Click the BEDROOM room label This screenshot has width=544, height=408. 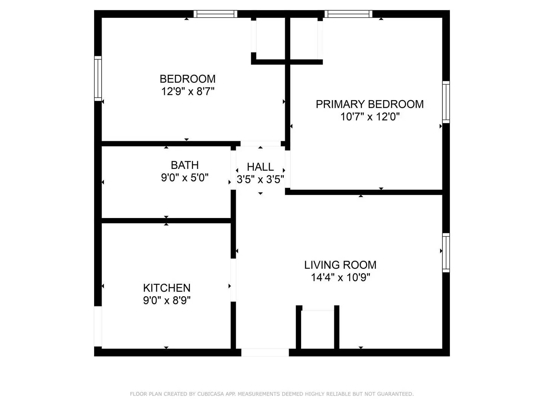[x=187, y=79]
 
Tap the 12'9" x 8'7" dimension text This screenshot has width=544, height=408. [x=188, y=91]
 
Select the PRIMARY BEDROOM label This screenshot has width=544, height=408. [x=369, y=104]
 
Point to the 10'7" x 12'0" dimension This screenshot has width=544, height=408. [x=370, y=117]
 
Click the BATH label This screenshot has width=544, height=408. [x=185, y=165]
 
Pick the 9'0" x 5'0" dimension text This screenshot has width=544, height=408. [x=185, y=178]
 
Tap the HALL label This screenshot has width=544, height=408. [x=260, y=167]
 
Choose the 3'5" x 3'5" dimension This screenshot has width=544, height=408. [x=260, y=179]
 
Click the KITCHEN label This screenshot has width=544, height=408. [x=167, y=288]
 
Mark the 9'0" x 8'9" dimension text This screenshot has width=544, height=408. [x=167, y=301]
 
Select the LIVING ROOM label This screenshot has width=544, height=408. [x=340, y=265]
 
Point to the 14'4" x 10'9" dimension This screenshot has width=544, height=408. [x=340, y=278]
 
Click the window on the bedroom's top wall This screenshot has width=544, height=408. [x=216, y=14]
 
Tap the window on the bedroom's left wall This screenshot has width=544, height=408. [x=98, y=78]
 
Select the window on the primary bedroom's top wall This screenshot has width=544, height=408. [x=348, y=14]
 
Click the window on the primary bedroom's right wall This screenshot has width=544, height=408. [x=446, y=102]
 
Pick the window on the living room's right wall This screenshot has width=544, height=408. [x=446, y=252]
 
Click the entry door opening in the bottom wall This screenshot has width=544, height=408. [x=265, y=352]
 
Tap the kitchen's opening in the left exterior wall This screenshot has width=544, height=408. [x=98, y=326]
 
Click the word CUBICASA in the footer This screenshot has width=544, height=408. [x=211, y=394]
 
